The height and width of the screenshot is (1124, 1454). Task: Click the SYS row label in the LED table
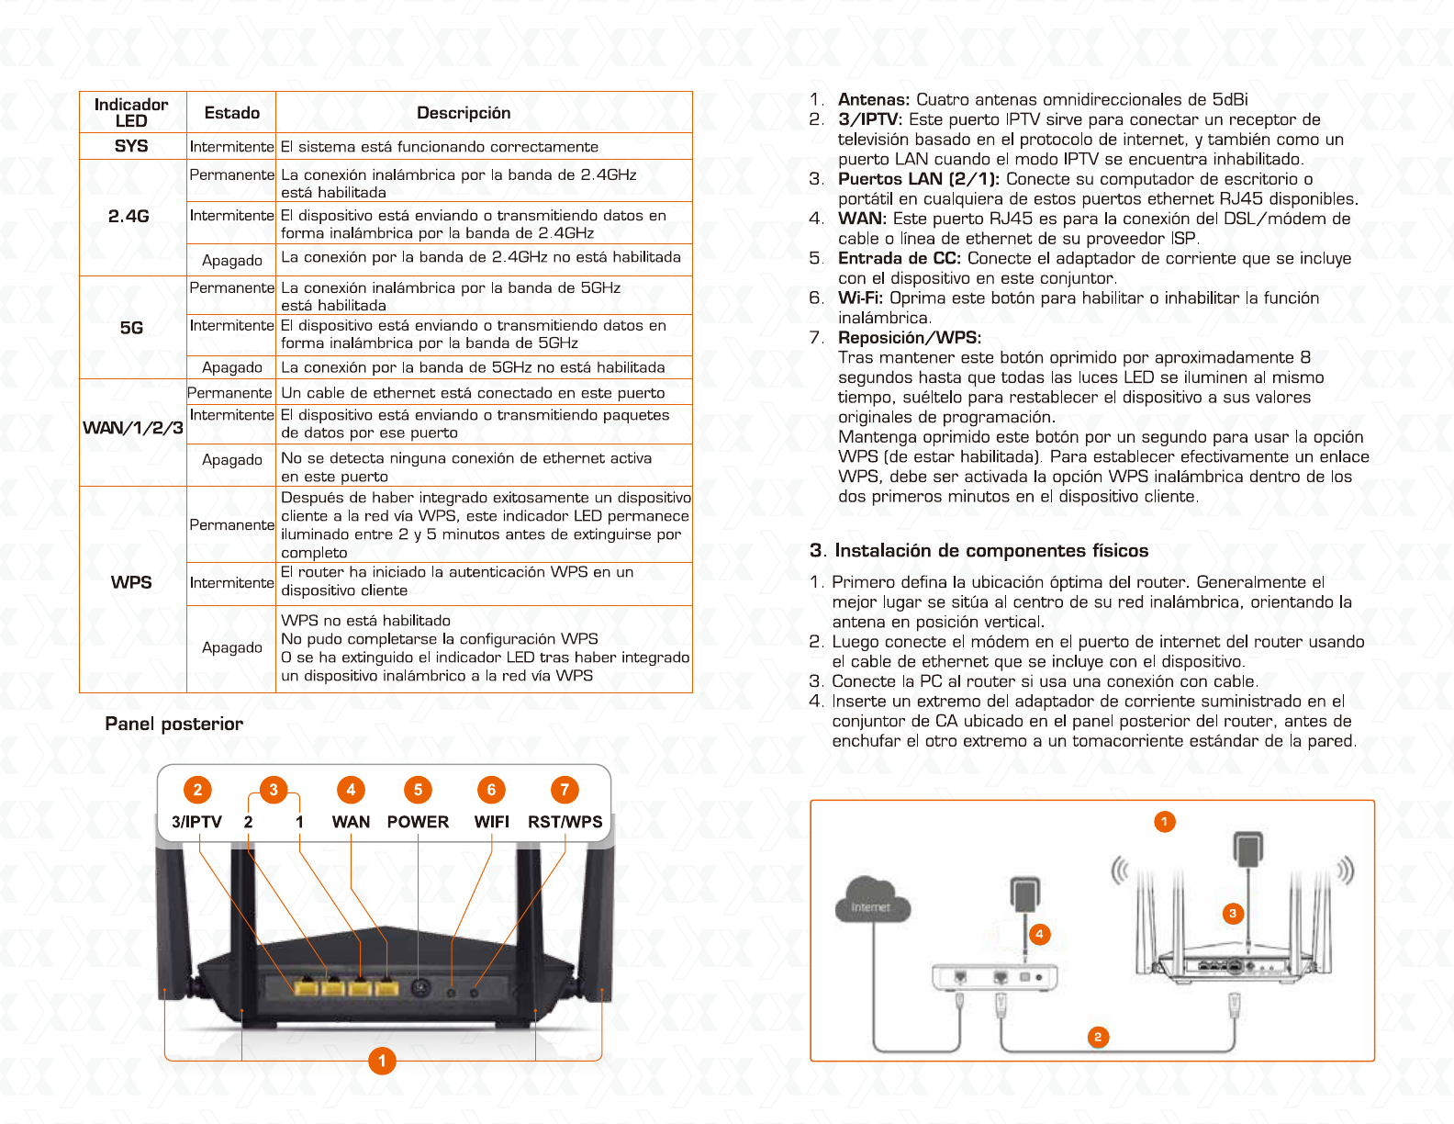click(x=131, y=146)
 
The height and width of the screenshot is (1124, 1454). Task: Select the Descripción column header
click(x=464, y=113)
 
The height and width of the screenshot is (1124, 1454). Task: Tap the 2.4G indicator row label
click(x=129, y=217)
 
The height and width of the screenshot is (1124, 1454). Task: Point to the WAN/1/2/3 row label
click(x=133, y=428)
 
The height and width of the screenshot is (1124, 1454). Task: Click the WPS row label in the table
click(x=131, y=582)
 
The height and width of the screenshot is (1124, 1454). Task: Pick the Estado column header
click(x=232, y=113)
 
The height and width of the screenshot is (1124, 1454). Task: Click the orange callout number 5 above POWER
click(x=418, y=790)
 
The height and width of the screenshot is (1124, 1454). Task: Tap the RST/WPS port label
click(x=565, y=822)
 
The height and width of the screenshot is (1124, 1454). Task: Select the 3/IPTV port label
click(x=196, y=822)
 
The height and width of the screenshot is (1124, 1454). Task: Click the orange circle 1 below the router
click(x=382, y=1061)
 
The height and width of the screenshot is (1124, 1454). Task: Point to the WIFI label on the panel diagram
click(x=491, y=822)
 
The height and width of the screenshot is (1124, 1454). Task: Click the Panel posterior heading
click(x=174, y=724)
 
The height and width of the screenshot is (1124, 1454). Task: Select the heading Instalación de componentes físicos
click(x=979, y=551)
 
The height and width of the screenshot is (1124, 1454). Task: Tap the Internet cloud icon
click(x=871, y=900)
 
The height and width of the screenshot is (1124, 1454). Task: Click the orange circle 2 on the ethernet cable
click(x=1097, y=1037)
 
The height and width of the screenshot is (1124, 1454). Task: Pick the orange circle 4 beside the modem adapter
click(x=1039, y=934)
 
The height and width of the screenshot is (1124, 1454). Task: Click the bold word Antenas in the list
click(x=873, y=100)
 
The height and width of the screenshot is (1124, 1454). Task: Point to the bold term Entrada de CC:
click(x=899, y=259)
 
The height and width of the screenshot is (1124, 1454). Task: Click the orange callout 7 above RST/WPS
click(x=565, y=790)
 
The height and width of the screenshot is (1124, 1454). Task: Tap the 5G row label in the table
click(x=131, y=328)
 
